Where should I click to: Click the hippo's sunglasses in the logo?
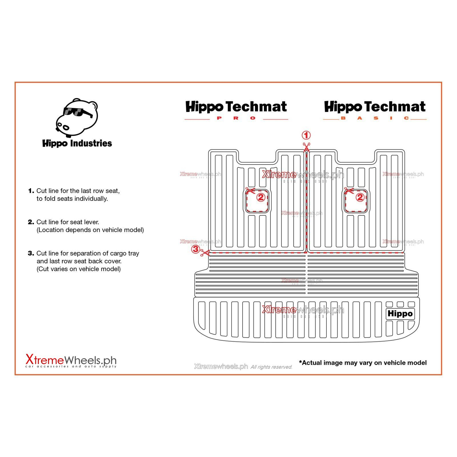point(75,112)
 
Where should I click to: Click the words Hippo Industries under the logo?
point(77,143)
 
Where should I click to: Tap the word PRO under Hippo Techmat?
point(236,118)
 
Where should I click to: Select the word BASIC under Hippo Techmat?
point(375,118)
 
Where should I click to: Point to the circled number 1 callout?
point(306,135)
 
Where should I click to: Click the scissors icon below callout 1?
point(306,147)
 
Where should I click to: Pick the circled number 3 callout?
point(195,249)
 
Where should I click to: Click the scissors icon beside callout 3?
point(205,253)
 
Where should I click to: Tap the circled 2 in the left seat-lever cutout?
point(260,197)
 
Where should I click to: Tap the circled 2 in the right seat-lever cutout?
point(360,197)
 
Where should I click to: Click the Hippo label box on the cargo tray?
point(400,314)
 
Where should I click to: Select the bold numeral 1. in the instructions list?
point(31,191)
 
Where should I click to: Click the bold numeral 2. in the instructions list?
point(31,222)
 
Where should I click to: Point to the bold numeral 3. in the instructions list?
point(31,253)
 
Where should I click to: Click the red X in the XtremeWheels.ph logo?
point(29,359)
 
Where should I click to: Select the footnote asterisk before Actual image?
point(300,362)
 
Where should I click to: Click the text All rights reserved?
point(271,367)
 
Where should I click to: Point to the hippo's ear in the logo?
point(93,105)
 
